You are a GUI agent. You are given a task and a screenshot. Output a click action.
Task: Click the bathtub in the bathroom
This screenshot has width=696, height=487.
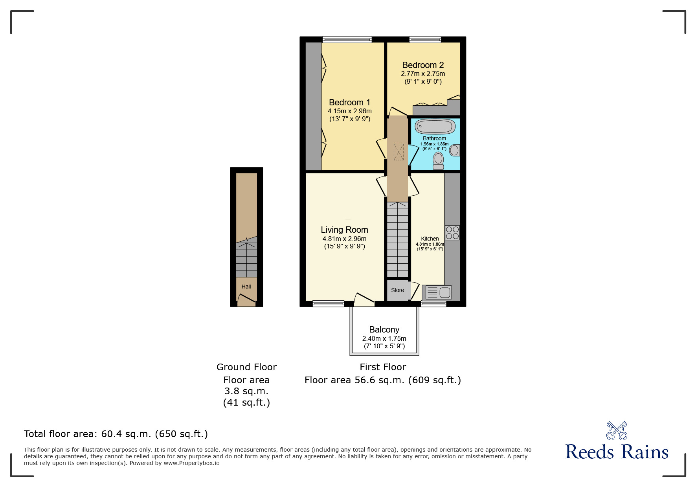coord(435,127)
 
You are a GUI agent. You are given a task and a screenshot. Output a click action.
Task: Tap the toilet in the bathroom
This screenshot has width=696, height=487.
coord(438,161)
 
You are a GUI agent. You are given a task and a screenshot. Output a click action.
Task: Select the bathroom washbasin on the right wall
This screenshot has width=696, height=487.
coord(455,150)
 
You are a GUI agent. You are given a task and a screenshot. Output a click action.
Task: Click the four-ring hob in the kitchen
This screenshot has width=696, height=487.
coord(452,232)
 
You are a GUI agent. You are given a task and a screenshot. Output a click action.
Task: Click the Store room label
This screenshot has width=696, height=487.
coord(397,290)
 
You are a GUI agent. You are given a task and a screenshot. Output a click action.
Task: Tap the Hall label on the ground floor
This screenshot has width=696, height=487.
coord(246,287)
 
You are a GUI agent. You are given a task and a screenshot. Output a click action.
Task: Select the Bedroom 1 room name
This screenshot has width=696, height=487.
coord(349,102)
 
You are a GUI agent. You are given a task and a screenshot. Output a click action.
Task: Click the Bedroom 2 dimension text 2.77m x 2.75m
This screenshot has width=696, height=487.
coord(423,74)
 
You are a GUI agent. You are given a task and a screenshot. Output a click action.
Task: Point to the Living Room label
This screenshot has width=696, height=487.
coord(344,230)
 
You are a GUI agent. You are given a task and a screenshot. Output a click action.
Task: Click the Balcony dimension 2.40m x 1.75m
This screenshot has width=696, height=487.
coord(384,338)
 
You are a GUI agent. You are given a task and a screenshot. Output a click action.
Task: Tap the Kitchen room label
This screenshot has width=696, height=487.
coord(430,239)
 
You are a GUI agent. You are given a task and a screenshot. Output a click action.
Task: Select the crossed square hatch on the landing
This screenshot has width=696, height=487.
coord(399,152)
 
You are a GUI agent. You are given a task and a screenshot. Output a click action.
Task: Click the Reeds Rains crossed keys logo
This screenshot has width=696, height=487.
coord(617,431)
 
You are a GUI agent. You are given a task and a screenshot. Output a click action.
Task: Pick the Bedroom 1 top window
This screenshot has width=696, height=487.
coord(347,39)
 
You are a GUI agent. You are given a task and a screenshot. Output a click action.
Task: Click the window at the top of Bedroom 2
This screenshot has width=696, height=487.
coord(425,39)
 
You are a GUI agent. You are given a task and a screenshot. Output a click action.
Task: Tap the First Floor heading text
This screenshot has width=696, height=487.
coord(383,367)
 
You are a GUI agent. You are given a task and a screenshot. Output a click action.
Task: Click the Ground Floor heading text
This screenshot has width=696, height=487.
coord(246,367)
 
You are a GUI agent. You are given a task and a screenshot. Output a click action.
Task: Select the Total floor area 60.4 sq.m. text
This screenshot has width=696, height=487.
coord(116,434)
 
